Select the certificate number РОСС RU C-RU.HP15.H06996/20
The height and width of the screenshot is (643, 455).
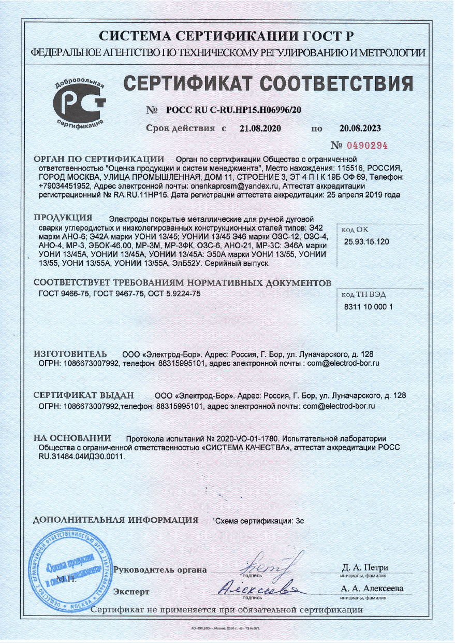point(234,110)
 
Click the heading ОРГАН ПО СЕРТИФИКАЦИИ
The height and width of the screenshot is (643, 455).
point(99,159)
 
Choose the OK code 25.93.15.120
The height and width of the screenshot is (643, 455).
point(366,242)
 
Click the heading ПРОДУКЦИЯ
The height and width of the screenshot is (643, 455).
point(63,217)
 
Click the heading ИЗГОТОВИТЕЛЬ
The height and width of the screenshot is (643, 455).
point(63,354)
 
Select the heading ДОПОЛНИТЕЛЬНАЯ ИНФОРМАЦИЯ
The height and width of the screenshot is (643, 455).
point(115,520)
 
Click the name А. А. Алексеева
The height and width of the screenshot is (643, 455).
point(372,589)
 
